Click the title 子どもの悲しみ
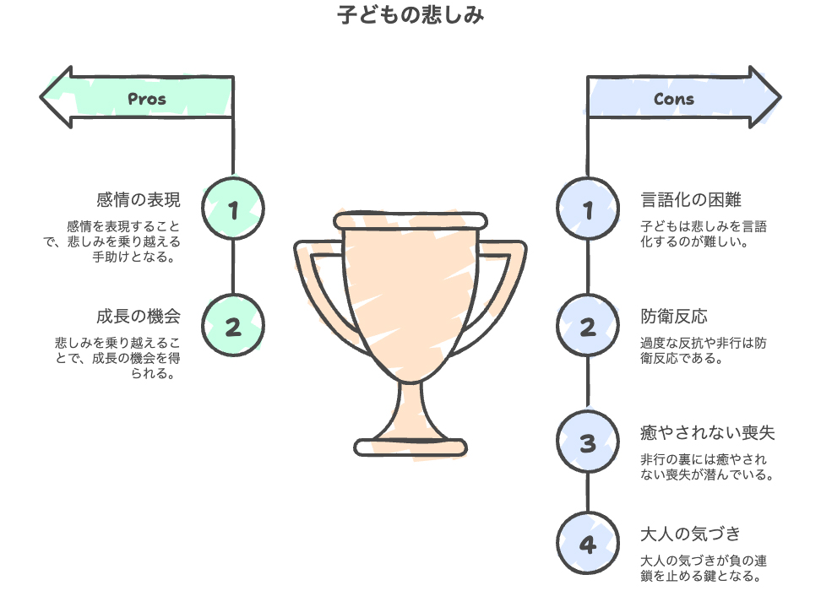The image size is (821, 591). tap(410, 15)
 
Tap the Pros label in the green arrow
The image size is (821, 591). tap(147, 99)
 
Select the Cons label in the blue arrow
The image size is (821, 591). tap(674, 99)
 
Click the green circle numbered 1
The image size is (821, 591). tap(234, 209)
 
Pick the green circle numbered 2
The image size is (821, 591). tap(234, 326)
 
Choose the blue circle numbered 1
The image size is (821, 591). tap(588, 209)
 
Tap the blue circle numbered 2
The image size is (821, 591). tap(588, 326)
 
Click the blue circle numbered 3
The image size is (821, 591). tap(588, 442)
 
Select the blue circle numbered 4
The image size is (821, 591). tap(588, 543)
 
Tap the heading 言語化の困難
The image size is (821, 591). tap(692, 200)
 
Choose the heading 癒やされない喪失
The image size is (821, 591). tap(708, 433)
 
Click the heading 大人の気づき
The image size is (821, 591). tap(691, 534)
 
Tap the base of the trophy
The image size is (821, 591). tap(410, 447)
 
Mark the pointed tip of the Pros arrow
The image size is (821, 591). tap(42, 98)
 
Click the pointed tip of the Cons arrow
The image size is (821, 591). tap(780, 98)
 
